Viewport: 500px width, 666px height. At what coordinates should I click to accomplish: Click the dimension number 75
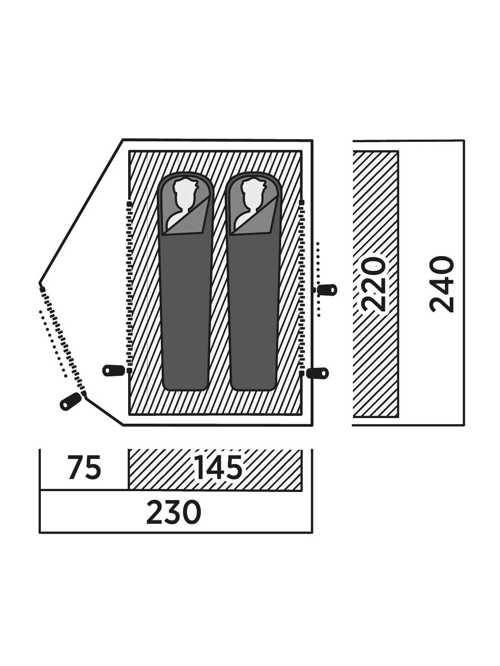[x=84, y=468]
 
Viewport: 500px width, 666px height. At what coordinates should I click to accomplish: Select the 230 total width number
[x=174, y=512]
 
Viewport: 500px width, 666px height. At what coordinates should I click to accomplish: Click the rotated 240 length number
[x=442, y=284]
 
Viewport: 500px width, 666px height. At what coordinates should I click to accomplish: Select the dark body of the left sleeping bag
[x=186, y=309]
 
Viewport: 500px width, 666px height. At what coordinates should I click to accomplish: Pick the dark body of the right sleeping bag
[x=253, y=309]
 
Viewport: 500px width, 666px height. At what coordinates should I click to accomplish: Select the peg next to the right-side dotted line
[x=327, y=290]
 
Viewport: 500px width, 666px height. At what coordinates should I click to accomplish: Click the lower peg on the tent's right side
[x=318, y=373]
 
